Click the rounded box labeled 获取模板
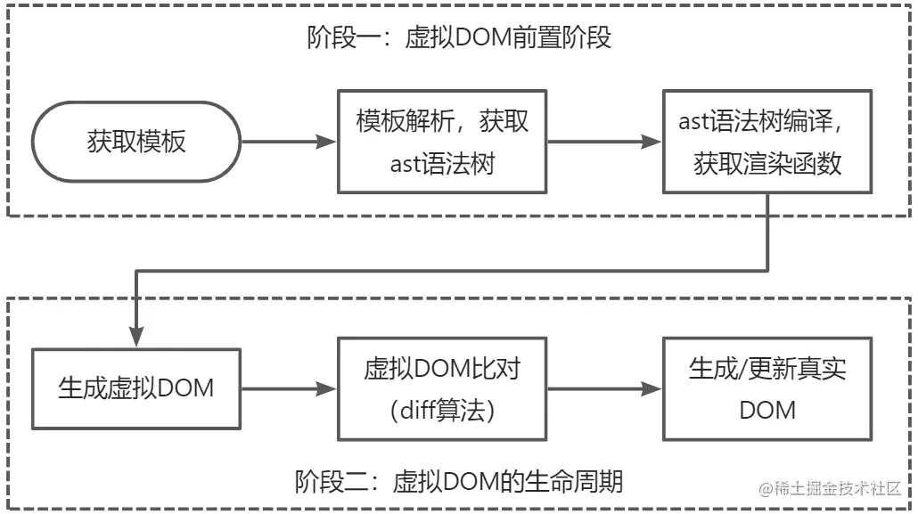click(x=136, y=141)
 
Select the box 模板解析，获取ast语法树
click(x=442, y=141)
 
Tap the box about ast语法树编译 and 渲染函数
click(x=767, y=141)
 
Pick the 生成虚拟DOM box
click(x=136, y=388)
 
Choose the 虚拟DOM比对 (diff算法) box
click(x=442, y=388)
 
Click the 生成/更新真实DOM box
click(x=767, y=388)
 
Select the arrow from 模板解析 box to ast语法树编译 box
click(x=604, y=141)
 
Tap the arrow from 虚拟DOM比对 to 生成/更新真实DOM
click(x=604, y=388)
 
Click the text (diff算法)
click(x=442, y=410)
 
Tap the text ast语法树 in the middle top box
click(x=443, y=164)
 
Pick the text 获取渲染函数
click(x=767, y=164)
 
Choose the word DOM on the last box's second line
click(x=767, y=410)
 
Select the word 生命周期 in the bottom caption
click(x=585, y=482)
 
